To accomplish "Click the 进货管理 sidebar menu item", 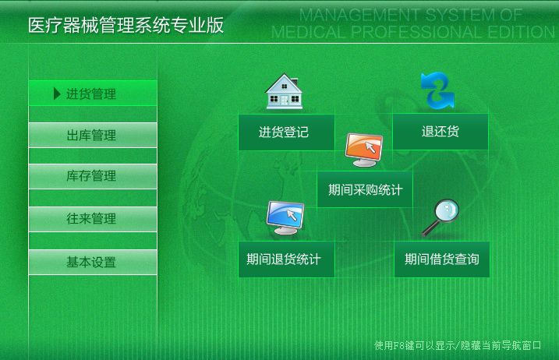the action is (x=93, y=93).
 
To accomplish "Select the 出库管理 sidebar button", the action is (x=93, y=135).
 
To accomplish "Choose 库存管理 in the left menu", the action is (x=93, y=176).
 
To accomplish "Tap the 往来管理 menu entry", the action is (x=93, y=219).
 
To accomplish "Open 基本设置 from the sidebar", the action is (x=93, y=262).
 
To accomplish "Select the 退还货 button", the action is (x=440, y=132).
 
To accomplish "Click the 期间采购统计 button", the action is (x=365, y=189).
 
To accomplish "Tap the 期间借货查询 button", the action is (x=442, y=259).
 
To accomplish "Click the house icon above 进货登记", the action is (x=284, y=91).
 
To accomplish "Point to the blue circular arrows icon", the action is (x=437, y=90).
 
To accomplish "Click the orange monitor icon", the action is (x=363, y=150).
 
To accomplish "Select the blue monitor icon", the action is (x=285, y=217).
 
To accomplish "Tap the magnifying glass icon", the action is (x=440, y=217).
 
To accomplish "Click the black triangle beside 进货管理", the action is (x=56, y=94).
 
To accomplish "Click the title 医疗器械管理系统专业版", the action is (x=126, y=25).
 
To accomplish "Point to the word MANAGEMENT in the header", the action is (x=359, y=15).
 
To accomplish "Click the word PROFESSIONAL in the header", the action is (x=417, y=32).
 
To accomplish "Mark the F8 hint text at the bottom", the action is (x=458, y=345).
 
